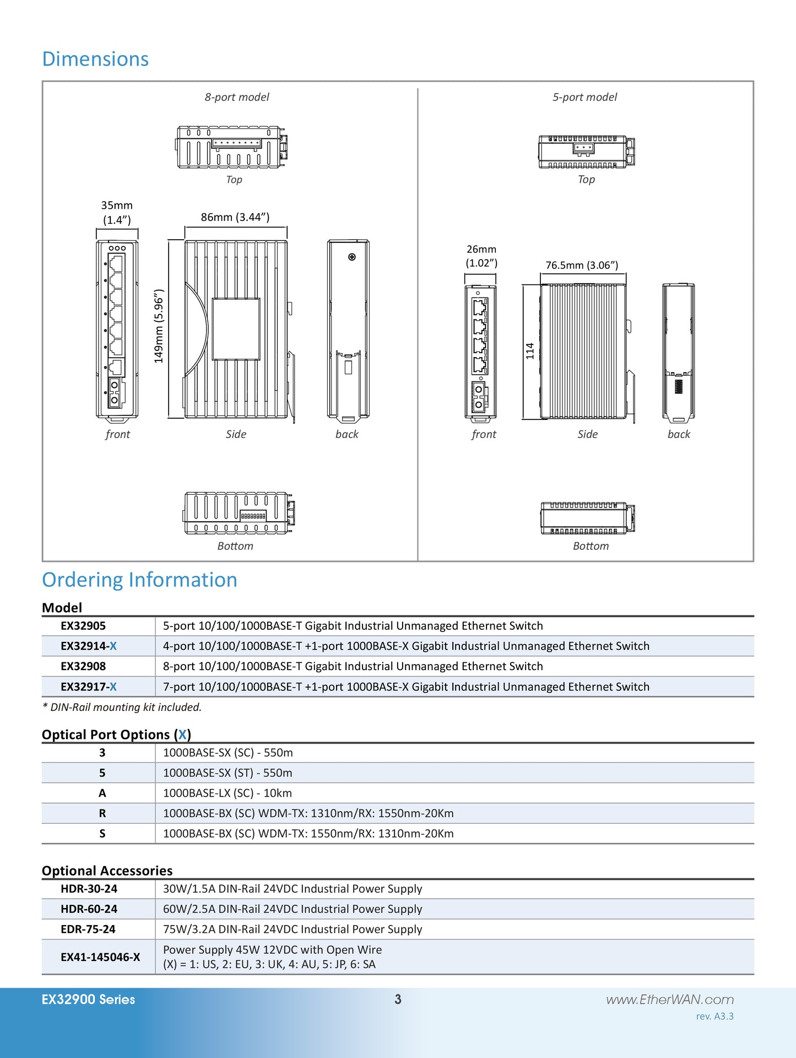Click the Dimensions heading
pos(95,59)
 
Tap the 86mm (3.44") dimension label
pos(235,217)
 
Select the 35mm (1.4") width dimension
pos(117,213)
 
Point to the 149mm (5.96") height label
pos(159,326)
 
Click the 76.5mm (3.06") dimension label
pos(582,265)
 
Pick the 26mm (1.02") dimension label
pos(481,256)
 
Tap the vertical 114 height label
pos(530,351)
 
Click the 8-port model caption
pos(237,97)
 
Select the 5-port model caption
pos(584,97)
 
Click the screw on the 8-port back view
pos(352,257)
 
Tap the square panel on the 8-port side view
pos(236,329)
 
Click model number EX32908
pos(83,666)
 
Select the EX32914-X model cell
pos(89,646)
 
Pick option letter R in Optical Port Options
pos(102,813)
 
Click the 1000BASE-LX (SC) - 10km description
pos(228,793)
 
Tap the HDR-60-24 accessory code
pos(89,909)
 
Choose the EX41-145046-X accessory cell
pos(100,957)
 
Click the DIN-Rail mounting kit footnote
pos(122,707)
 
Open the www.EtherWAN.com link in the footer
pos(670,1000)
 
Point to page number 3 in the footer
pos(398,999)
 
